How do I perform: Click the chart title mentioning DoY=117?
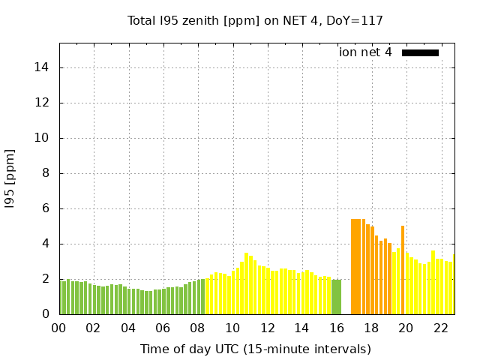[255, 20]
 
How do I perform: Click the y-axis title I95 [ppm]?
[10, 178]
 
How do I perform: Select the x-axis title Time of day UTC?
[255, 349]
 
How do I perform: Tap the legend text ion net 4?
[365, 52]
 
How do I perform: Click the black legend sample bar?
[420, 52]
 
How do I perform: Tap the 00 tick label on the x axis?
[58, 328]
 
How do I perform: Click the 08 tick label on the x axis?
[197, 328]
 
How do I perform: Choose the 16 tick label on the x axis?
[336, 328]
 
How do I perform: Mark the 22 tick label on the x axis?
[440, 328]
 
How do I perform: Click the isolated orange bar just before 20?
[403, 270]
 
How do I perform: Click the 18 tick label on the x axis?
[370, 328]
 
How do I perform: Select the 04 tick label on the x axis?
[128, 328]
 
